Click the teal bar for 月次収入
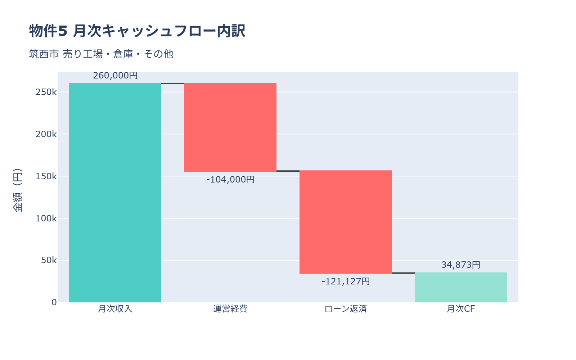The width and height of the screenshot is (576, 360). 115,193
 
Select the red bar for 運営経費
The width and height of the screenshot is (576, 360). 230,127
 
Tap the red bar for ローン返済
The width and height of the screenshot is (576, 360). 346,222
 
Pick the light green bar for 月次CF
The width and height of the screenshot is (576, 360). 461,287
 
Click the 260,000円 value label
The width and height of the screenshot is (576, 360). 115,76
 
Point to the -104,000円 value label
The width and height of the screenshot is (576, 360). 230,179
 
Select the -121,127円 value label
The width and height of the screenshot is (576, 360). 346,281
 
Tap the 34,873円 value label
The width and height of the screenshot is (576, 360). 461,265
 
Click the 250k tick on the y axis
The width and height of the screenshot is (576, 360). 46,92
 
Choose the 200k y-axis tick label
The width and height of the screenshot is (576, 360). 46,134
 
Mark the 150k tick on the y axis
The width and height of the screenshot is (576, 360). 46,176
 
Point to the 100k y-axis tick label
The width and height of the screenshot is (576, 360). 46,218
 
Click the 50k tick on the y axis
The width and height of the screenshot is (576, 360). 49,260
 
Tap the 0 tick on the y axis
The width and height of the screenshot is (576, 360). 54,302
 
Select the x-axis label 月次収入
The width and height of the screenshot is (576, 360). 115,309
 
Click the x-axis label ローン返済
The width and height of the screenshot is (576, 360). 346,309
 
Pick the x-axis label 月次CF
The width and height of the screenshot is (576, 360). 461,309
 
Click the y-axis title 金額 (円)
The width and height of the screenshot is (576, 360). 17,190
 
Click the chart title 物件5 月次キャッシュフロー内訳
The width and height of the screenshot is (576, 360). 137,31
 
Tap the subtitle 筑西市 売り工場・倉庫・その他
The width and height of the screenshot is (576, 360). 101,54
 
